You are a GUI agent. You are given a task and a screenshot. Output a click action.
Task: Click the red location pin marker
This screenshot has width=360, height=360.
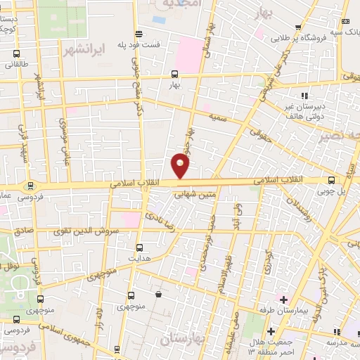click(181, 166)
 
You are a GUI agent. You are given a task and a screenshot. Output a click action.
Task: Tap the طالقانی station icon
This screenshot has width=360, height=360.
click(17, 52)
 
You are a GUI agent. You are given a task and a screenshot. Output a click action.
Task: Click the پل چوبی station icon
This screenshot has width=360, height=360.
click(331, 180)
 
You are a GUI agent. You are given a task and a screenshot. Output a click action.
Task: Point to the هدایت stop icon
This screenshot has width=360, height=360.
click(139, 247)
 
